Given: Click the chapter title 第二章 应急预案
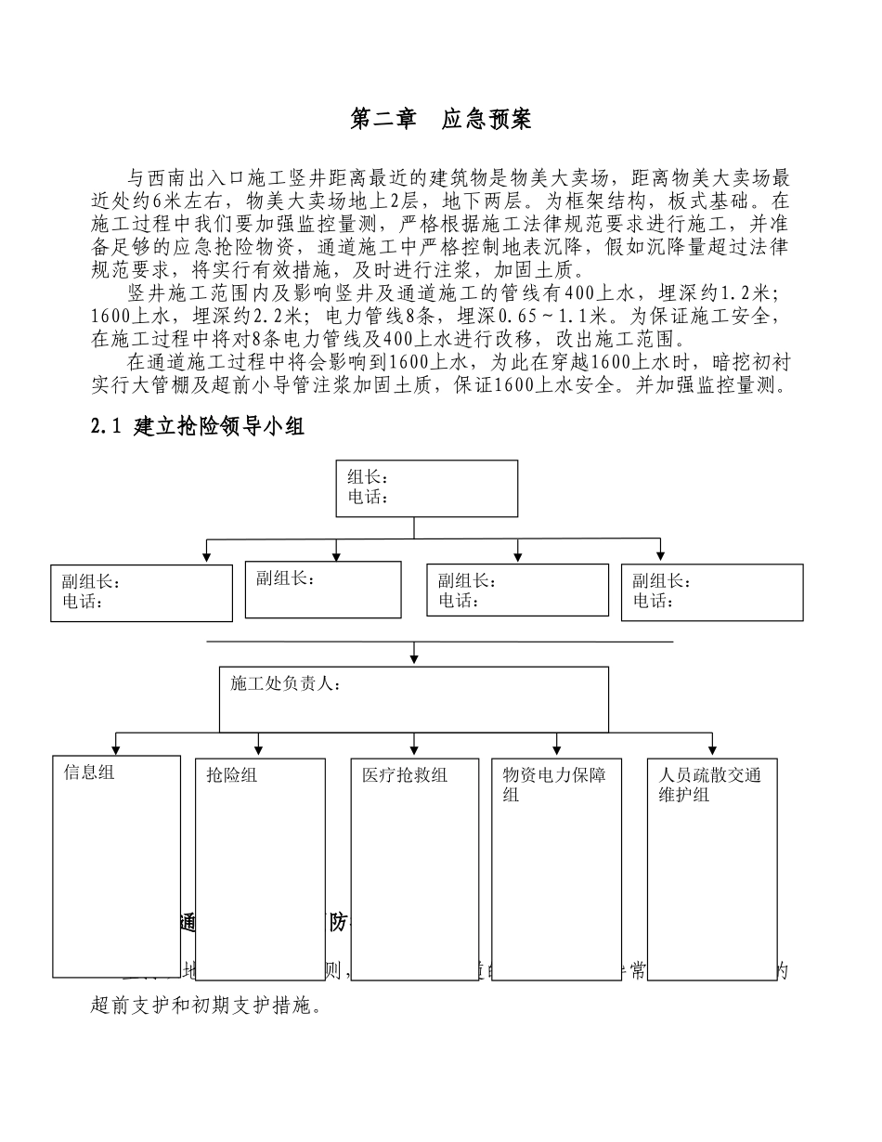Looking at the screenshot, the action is click(440, 120).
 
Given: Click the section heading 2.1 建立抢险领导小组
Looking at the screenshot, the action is click(198, 427).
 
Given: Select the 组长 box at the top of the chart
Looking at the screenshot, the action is click(428, 488).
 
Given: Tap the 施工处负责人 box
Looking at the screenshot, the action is click(414, 699).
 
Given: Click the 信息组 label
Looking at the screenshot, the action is click(89, 772).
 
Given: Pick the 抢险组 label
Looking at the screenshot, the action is click(232, 775).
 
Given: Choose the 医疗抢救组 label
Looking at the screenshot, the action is click(405, 775).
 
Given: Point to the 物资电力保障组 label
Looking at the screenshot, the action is click(553, 785).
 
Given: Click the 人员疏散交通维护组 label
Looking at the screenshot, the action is click(708, 785).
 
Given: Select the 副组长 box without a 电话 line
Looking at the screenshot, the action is click(323, 590).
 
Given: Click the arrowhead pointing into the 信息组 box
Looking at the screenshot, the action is click(115, 749).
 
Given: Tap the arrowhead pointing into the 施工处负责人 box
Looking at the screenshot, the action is click(414, 660).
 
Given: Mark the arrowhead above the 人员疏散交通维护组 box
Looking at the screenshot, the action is click(712, 749).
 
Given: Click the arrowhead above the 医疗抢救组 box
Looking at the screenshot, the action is click(414, 749).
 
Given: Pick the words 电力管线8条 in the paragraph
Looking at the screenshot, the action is click(379, 316).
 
